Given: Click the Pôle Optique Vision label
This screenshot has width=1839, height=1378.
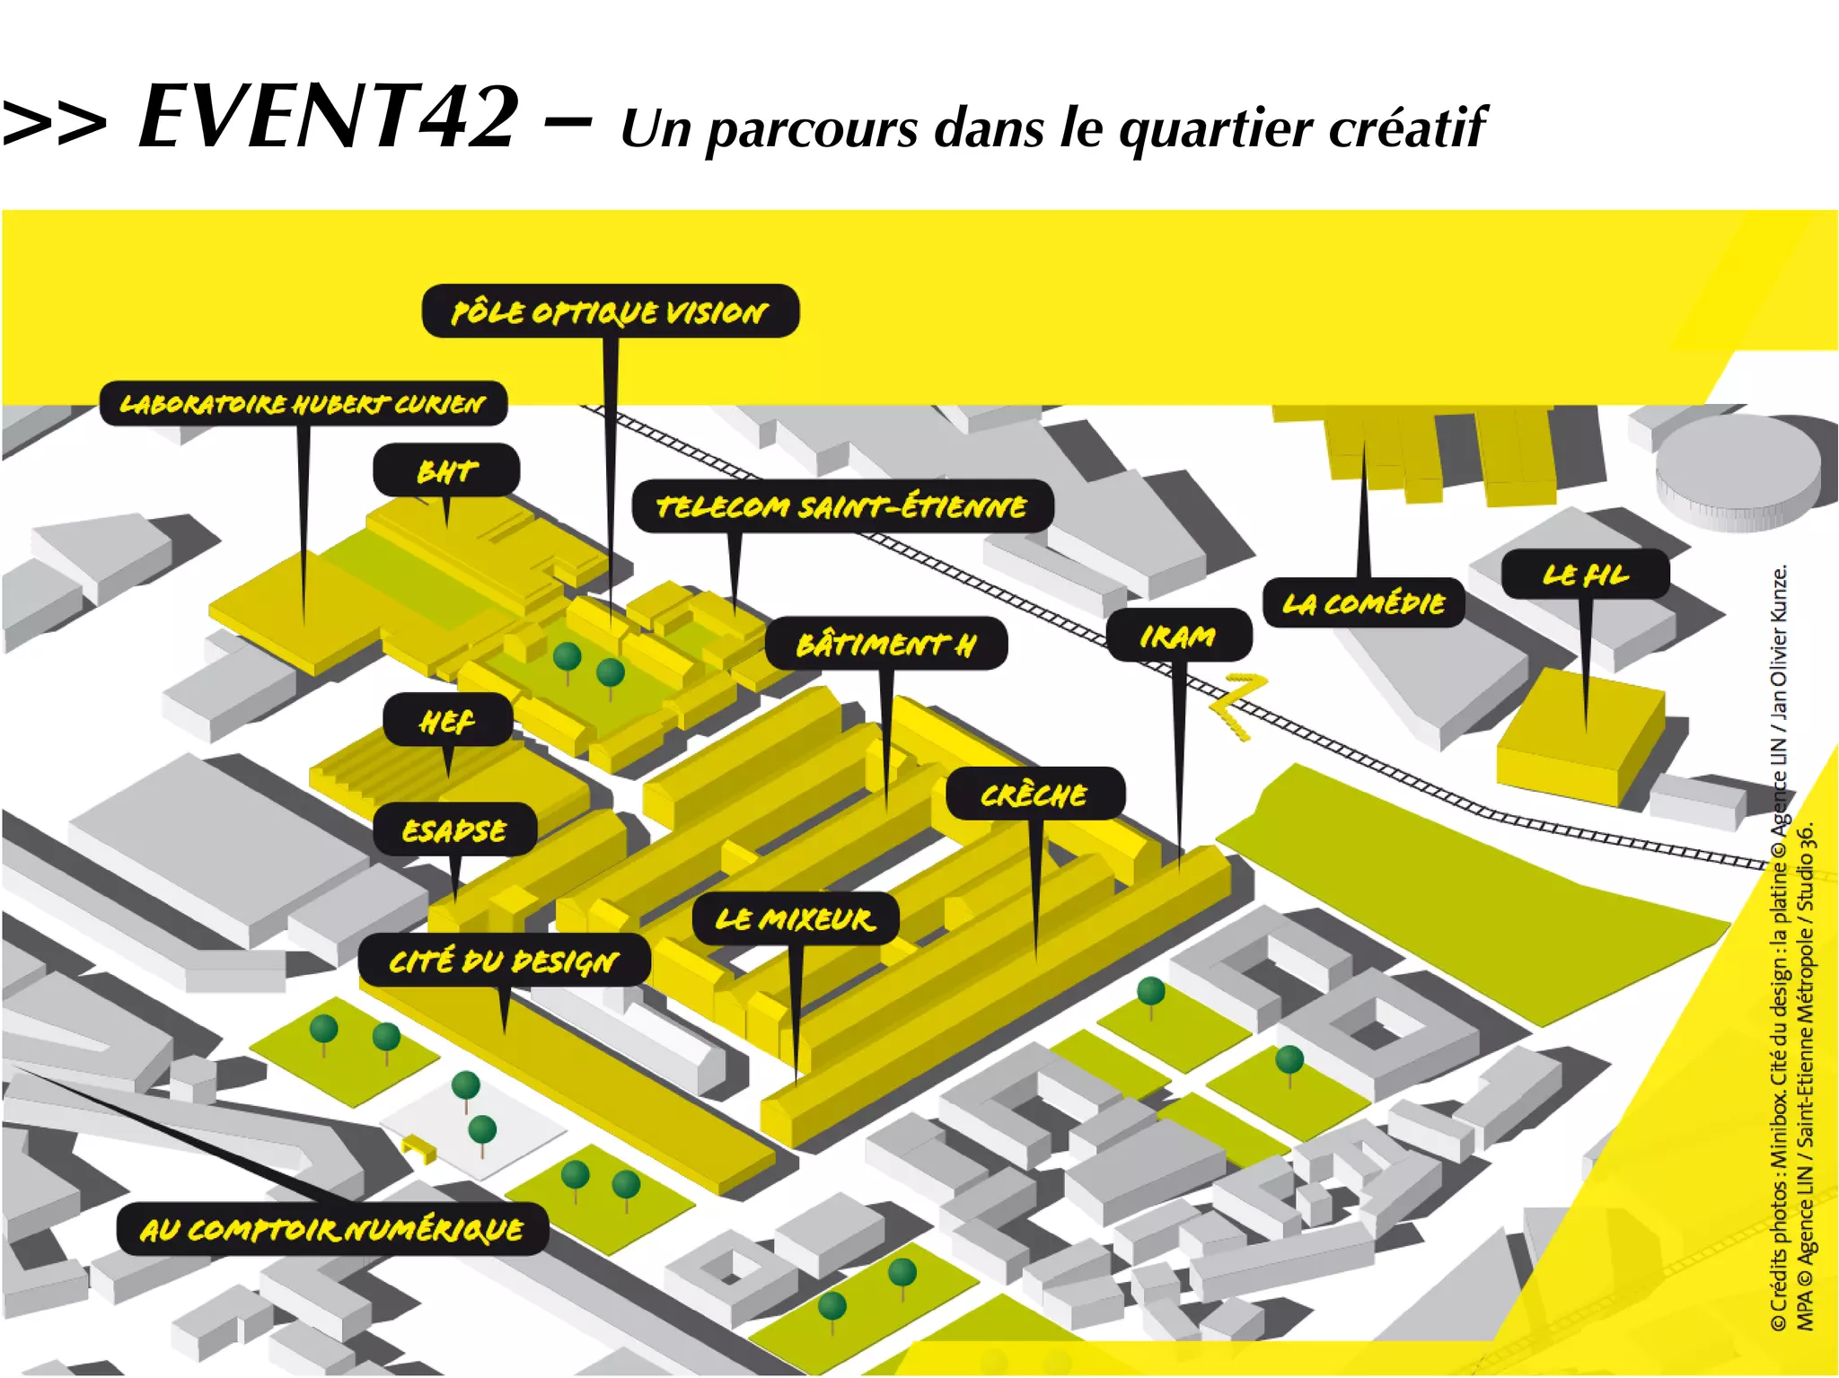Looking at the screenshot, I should coord(610,312).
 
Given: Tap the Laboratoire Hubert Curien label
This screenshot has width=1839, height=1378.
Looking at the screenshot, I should coord(303,403).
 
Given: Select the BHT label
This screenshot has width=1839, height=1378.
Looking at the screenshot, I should coord(446,470).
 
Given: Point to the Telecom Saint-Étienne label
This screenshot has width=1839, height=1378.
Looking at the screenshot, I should coord(841,506).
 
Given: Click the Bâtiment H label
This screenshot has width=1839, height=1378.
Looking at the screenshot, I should coord(885,644).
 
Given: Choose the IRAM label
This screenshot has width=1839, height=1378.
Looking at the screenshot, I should coord(1178,636).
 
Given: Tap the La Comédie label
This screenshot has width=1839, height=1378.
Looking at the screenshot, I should coord(1363,602).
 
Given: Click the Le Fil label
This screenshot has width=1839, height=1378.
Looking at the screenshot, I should coord(1585,575).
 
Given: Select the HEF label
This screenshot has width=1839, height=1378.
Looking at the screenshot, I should coord(447,720).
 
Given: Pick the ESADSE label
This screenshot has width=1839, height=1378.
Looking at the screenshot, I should coord(454,829).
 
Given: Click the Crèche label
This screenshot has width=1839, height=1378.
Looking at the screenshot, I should coord(1034,794).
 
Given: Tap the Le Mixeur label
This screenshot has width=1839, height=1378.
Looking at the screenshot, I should coord(795,918).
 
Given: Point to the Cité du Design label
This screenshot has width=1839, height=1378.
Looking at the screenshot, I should coord(504,961).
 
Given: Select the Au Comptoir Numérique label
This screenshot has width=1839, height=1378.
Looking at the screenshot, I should coord(331,1228).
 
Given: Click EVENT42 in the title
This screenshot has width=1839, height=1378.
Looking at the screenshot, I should coord(329,117).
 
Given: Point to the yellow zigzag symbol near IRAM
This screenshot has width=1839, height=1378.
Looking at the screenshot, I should coord(1237,706).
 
